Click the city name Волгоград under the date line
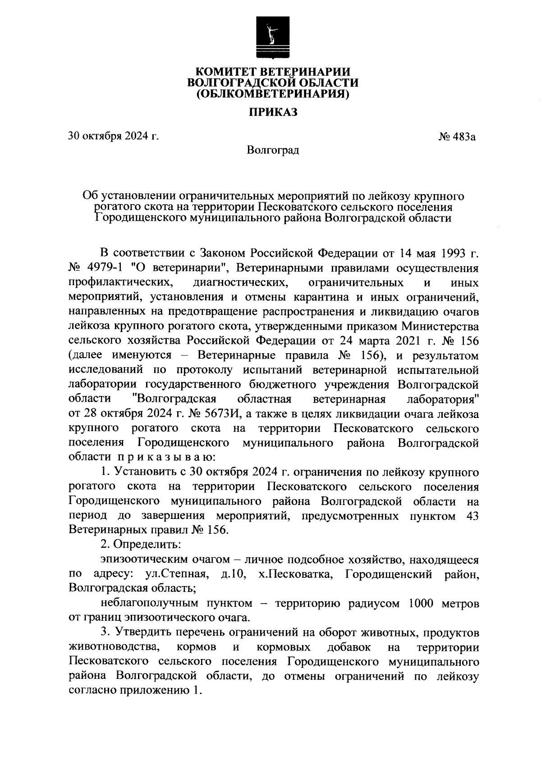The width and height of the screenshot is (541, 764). click(273, 150)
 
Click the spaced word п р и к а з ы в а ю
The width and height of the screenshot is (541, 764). click(165, 457)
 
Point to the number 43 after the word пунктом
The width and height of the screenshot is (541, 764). click(471, 516)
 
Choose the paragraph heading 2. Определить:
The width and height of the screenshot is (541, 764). click(141, 544)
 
